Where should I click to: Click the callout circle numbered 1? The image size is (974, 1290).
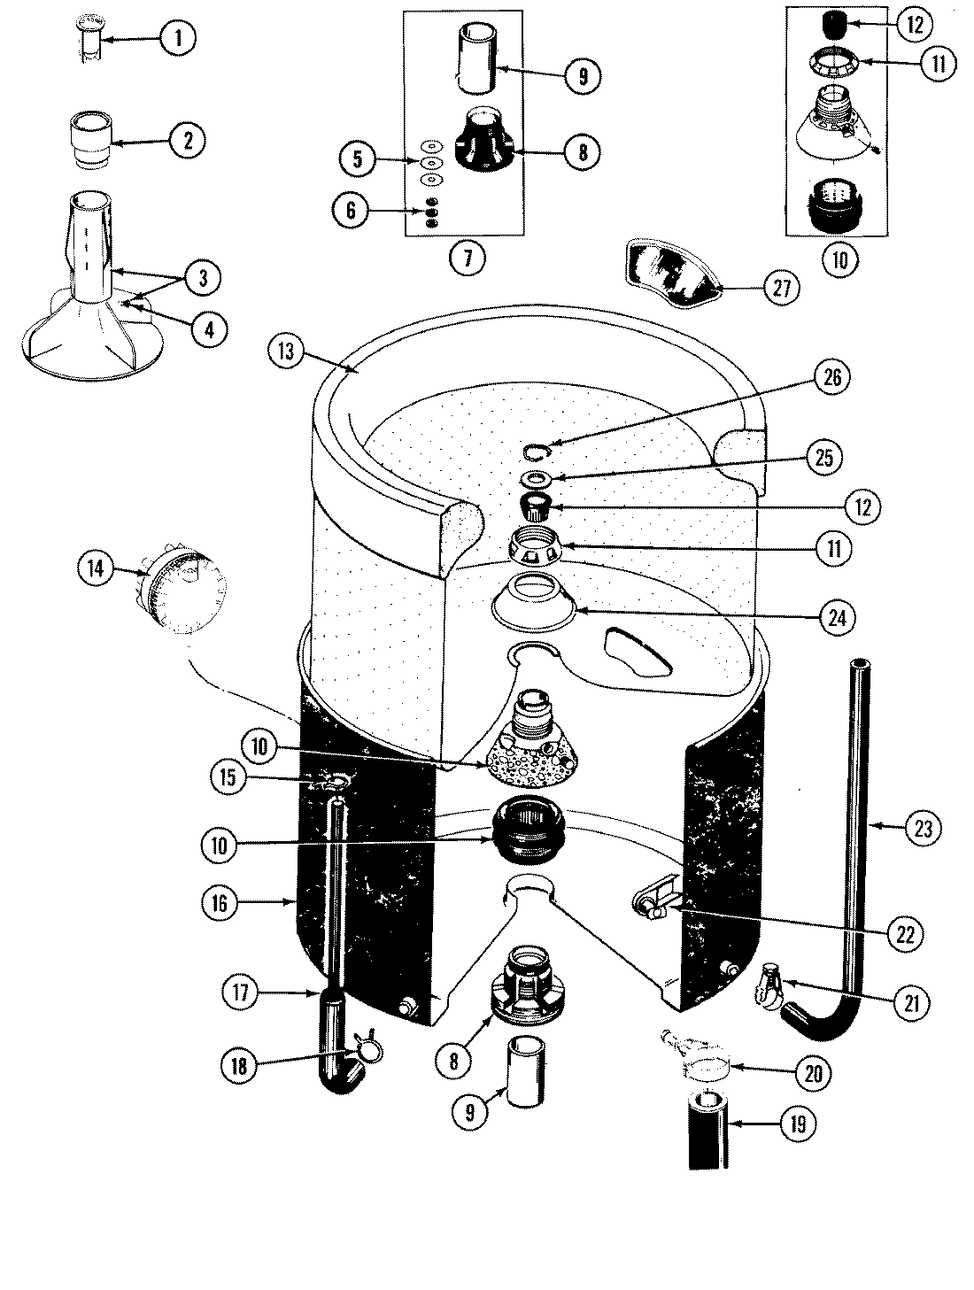tap(177, 38)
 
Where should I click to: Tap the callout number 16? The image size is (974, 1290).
tap(220, 903)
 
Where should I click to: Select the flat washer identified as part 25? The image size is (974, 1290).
tap(536, 479)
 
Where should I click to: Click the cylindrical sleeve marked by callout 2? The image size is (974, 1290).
tap(92, 137)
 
